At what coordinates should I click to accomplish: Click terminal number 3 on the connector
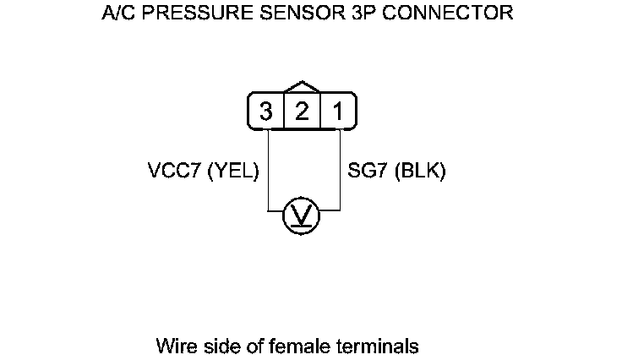point(266,111)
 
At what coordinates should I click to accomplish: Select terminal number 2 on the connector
point(301,111)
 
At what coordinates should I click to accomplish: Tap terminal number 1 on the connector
point(336,111)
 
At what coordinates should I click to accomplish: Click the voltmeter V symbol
point(301,215)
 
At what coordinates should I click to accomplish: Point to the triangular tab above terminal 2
point(301,88)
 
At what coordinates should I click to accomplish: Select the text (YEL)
point(232,171)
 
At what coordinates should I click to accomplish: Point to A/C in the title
point(121,14)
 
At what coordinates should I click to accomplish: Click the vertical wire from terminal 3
point(268,169)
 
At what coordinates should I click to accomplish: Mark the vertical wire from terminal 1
point(340,169)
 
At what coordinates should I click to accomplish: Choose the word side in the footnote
point(215,346)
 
